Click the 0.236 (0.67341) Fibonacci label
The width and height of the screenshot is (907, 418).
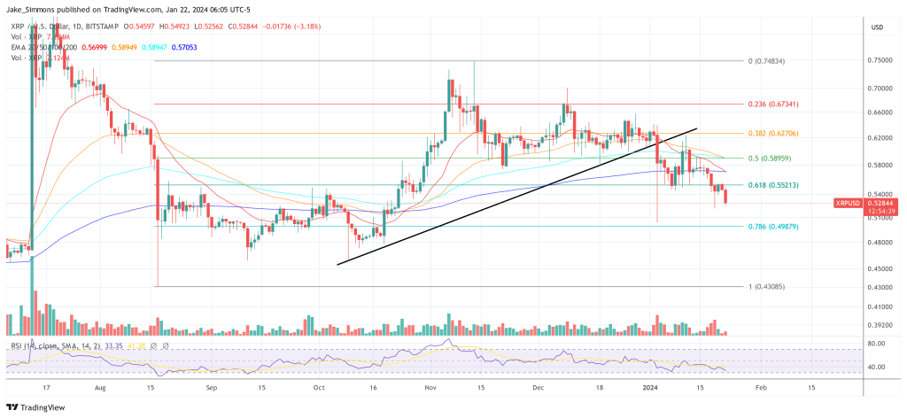coord(774,104)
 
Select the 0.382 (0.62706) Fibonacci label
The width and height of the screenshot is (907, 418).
coord(774,134)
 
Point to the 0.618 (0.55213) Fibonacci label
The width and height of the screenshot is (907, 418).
coord(774,185)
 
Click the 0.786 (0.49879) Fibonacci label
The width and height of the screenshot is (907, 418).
coord(774,227)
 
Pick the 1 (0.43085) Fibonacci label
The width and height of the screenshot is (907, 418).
coord(767,287)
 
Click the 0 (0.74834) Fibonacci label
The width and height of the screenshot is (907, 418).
coord(767,61)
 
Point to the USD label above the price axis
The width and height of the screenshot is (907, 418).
coord(877,27)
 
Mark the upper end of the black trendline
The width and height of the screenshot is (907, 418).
coord(696,128)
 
